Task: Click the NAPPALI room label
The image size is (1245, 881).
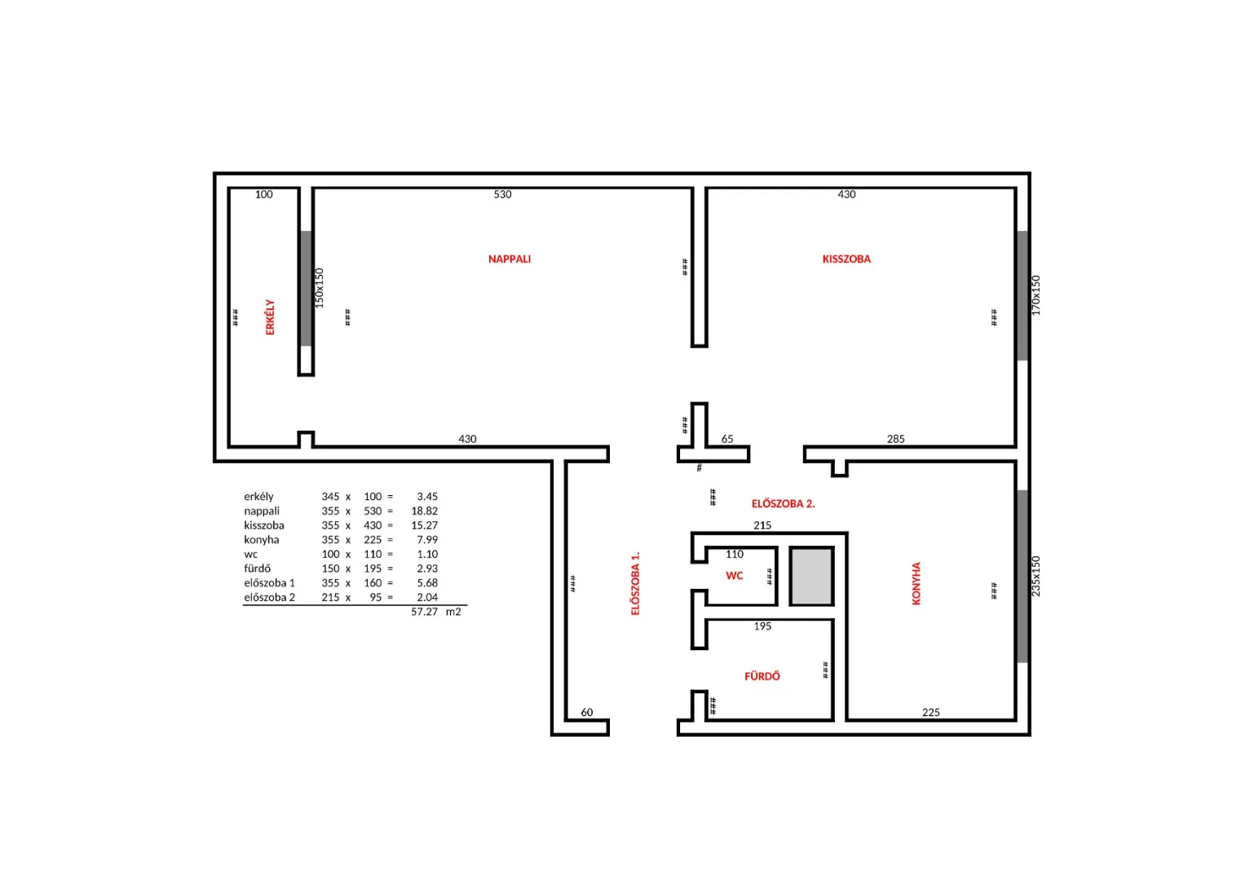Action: coord(509,259)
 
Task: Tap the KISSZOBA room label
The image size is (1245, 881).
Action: coord(846,259)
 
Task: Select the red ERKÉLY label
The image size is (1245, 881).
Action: coord(270,317)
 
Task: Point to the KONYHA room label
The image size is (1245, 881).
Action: coord(916,583)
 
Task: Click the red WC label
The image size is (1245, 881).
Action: coord(735,576)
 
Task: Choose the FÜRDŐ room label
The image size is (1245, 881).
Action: coord(762,675)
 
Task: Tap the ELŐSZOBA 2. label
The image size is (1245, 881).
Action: coord(783,503)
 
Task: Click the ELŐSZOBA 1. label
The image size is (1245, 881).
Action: coord(635,583)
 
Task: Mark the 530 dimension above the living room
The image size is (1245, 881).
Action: coord(502,194)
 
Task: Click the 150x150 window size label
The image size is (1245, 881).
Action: coord(319,288)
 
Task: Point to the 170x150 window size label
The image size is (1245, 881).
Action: coord(1035,295)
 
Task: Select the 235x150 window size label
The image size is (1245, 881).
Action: coord(1035,576)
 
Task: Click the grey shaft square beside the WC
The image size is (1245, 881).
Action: coord(811,576)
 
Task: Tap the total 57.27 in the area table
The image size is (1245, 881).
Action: coord(424,612)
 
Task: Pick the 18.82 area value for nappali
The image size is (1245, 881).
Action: coord(424,511)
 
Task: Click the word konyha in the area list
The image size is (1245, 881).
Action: coord(261,540)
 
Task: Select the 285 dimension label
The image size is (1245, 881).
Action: coord(895,439)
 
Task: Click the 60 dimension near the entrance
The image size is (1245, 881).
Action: coord(586,712)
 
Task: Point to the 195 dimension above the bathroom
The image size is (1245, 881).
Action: coord(762,626)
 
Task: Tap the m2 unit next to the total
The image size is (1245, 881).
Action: coord(453,612)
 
